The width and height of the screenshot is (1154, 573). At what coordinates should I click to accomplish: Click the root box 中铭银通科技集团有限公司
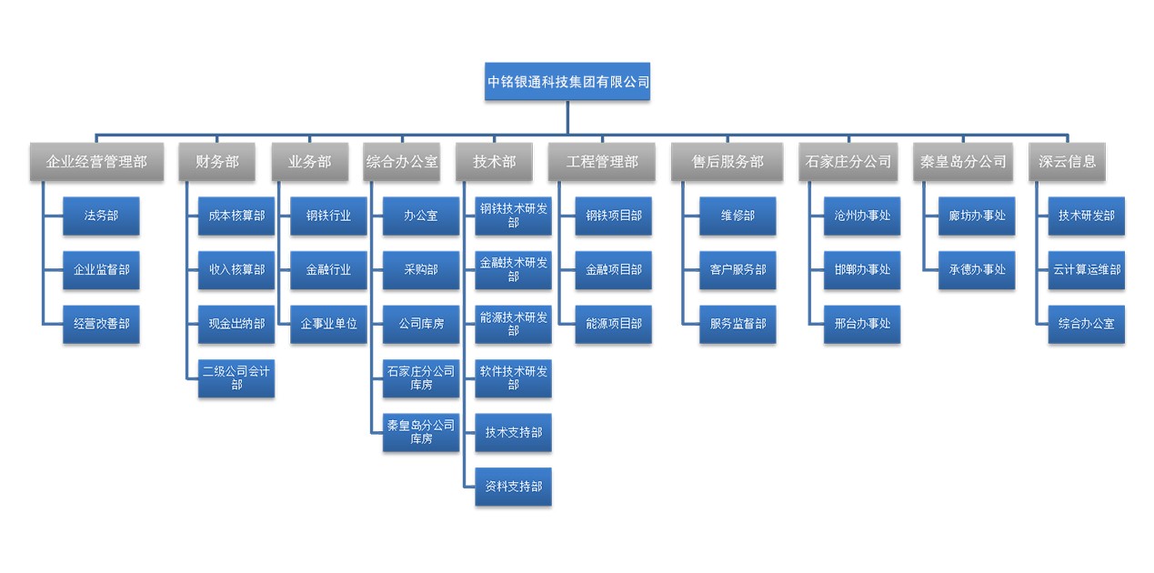[x=568, y=81]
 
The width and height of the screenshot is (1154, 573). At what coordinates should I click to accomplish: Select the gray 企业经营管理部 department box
[x=96, y=161]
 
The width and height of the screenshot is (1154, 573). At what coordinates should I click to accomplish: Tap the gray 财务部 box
[x=217, y=161]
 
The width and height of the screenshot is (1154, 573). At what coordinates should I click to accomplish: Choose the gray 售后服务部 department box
[x=728, y=161]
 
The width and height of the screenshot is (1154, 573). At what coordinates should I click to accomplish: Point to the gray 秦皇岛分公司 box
[x=963, y=161]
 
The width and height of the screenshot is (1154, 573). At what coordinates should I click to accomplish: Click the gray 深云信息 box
[x=1068, y=161]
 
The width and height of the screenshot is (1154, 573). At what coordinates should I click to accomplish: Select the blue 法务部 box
[x=101, y=216]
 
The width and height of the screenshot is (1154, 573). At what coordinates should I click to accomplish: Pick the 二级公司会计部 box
[x=236, y=377]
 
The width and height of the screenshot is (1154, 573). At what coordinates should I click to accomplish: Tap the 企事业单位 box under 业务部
[x=328, y=324]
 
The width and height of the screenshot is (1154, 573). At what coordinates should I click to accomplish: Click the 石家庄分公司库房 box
[x=421, y=377]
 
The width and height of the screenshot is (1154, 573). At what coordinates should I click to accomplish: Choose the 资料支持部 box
[x=514, y=487]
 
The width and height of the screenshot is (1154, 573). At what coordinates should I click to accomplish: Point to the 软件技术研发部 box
[x=514, y=377]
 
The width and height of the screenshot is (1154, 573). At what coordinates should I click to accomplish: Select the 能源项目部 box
[x=614, y=324]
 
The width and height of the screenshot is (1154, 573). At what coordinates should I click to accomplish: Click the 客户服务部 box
[x=738, y=270]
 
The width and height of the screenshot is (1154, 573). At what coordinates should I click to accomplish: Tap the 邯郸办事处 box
[x=862, y=270]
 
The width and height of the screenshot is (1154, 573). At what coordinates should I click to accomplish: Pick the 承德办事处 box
[x=977, y=270]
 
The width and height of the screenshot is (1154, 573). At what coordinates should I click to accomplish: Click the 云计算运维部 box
[x=1086, y=270]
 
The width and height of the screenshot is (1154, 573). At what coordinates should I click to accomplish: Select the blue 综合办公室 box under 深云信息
[x=1086, y=324]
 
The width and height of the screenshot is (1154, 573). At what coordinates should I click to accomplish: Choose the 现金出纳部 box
[x=236, y=324]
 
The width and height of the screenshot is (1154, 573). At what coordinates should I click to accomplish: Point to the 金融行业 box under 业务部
[x=328, y=270]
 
